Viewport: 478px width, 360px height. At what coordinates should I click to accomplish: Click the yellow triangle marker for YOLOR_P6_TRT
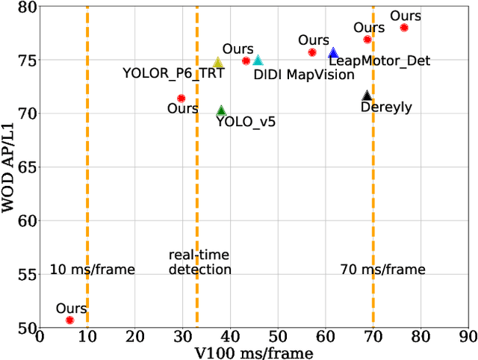tap(218, 63)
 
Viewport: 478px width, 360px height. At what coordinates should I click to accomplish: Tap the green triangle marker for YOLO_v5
tap(221, 111)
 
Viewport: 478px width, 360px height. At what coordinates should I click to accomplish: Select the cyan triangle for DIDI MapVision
tap(258, 60)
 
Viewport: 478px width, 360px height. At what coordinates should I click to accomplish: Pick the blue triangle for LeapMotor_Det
tap(333, 54)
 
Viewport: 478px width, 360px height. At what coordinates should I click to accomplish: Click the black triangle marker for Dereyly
tap(367, 96)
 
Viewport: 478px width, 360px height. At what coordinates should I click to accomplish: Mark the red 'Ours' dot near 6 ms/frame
tap(69, 320)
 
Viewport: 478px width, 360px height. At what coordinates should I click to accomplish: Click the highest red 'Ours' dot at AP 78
tap(404, 28)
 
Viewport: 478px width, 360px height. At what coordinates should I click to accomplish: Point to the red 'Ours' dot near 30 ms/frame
tap(181, 98)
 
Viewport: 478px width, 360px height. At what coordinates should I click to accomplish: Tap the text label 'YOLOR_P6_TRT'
tap(173, 73)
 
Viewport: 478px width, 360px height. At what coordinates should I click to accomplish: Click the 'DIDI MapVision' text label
tap(295, 74)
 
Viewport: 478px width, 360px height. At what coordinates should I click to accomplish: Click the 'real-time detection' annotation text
tap(199, 263)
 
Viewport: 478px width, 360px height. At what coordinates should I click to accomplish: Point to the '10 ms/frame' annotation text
tap(93, 270)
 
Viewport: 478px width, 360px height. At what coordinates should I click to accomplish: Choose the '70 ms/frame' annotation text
tap(382, 270)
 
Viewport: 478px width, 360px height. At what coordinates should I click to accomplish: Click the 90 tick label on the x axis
tap(468, 338)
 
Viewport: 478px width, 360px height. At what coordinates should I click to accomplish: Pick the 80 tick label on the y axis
tap(28, 7)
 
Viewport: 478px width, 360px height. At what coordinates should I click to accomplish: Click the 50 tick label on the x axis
tap(278, 338)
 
